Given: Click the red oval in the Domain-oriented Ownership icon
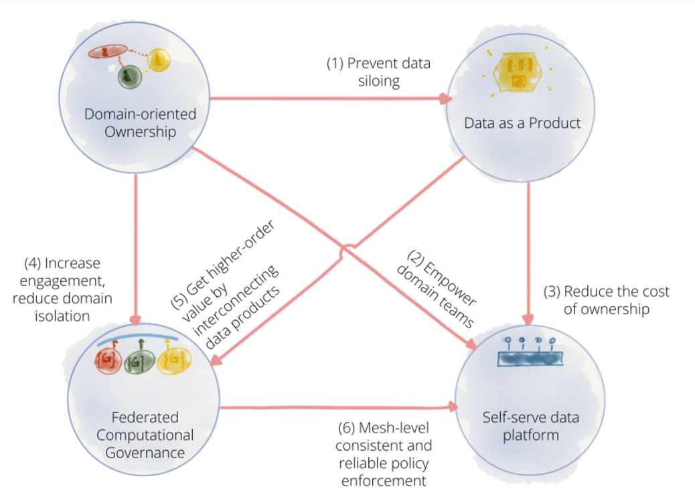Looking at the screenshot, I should click(x=104, y=52).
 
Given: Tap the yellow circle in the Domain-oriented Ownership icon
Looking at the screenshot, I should click(x=158, y=61).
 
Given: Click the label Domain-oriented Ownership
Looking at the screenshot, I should click(x=141, y=123).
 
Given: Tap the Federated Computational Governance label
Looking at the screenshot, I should click(x=145, y=435).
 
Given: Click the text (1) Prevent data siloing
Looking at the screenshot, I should click(x=378, y=72).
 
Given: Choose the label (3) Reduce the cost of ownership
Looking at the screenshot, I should click(x=606, y=300).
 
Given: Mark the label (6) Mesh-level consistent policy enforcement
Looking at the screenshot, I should click(x=386, y=453).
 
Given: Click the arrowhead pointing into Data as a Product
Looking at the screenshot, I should click(x=445, y=100).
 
